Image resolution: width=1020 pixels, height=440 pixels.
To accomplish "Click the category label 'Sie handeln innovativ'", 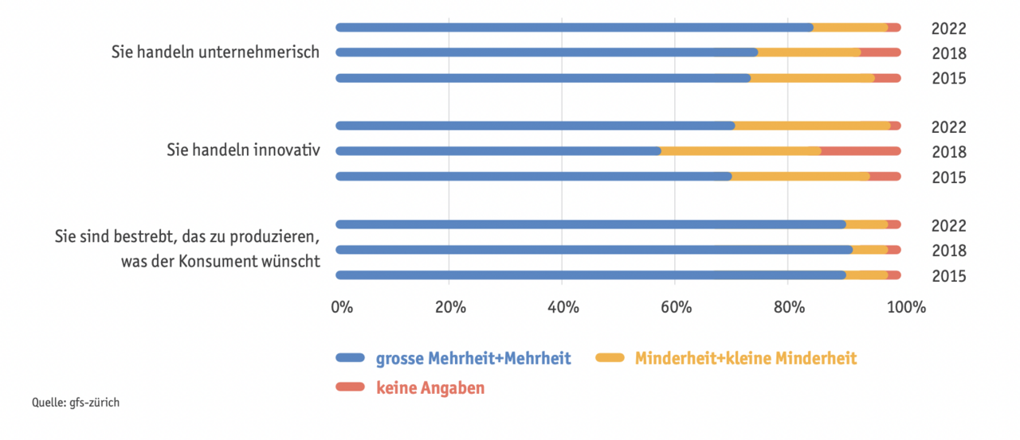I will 243,150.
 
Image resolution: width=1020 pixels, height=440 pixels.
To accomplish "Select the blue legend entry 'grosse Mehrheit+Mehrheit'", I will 473,359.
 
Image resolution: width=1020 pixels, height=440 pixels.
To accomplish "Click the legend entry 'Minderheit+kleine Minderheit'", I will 745,359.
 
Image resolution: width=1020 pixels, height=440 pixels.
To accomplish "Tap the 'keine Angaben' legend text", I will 430,388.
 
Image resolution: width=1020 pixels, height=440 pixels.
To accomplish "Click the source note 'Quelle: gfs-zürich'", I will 76,403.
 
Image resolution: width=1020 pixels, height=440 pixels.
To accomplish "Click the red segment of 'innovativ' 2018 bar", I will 861,151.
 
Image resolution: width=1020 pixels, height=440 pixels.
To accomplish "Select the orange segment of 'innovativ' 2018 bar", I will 741,151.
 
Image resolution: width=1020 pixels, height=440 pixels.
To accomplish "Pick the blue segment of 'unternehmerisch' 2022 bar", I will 574,27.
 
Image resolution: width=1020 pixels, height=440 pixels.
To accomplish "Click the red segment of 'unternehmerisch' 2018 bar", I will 881,53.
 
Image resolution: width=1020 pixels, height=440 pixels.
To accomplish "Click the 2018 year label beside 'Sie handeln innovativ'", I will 948,152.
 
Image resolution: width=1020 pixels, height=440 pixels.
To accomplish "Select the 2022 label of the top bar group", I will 948,29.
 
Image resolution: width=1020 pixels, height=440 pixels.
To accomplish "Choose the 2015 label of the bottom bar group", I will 948,276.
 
